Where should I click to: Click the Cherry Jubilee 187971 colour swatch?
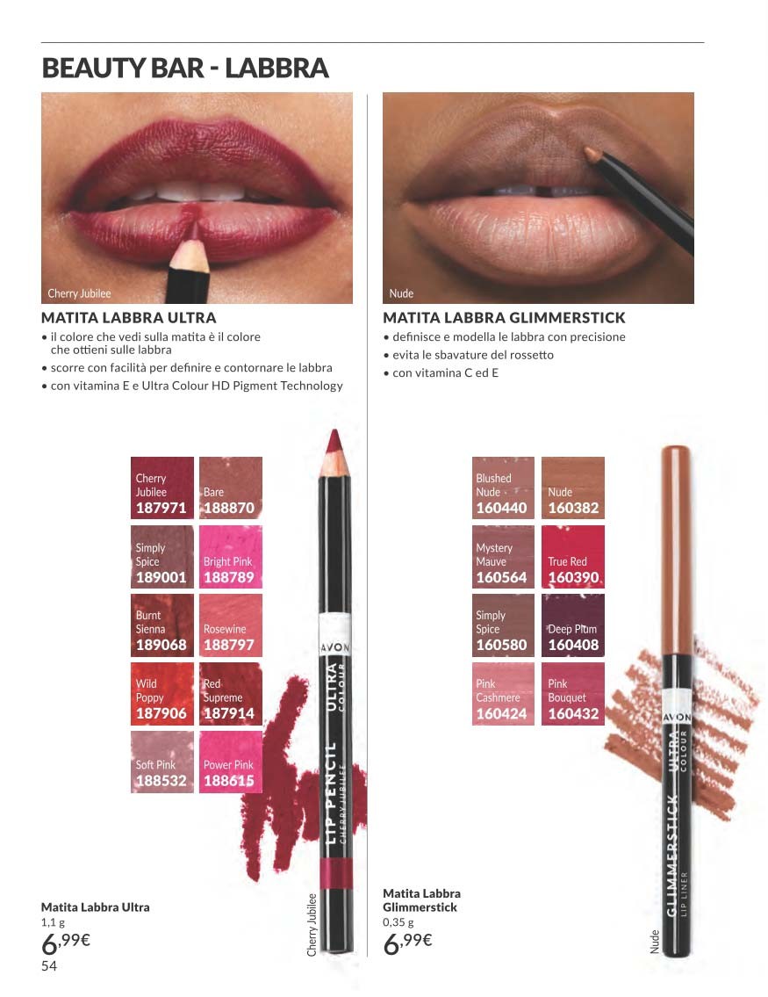(162, 488)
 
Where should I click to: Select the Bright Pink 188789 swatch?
(231, 556)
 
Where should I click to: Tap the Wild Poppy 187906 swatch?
(162, 694)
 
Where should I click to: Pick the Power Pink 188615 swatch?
(231, 762)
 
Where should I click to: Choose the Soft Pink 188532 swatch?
(162, 762)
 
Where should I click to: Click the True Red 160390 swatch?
(573, 556)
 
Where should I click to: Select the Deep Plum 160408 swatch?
(573, 625)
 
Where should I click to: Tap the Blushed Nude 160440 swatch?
(503, 488)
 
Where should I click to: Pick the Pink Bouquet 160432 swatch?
(573, 694)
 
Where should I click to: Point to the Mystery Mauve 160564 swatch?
(503, 556)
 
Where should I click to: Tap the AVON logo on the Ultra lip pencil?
(334, 647)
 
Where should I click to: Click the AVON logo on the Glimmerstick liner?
(677, 717)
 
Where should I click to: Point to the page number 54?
(49, 966)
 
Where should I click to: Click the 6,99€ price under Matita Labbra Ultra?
(66, 943)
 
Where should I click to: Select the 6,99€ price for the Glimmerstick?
(407, 943)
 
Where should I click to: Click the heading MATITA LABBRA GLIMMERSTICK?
(504, 317)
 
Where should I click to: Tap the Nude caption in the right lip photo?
(401, 293)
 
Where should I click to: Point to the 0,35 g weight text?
(398, 922)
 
